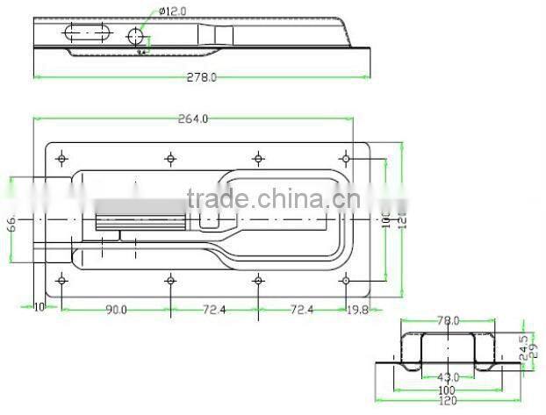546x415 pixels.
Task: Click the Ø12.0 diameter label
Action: (x=174, y=11)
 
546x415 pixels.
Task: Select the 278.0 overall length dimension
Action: (x=201, y=77)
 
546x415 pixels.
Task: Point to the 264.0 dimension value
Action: (x=193, y=118)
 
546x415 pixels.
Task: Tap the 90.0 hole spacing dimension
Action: (x=116, y=309)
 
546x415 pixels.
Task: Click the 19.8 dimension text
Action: (x=357, y=309)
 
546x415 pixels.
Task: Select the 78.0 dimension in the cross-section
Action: (x=449, y=322)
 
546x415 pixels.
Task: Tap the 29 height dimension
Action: (x=535, y=349)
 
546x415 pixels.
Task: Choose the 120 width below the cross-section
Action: (x=448, y=400)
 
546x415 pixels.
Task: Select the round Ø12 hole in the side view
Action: (x=136, y=36)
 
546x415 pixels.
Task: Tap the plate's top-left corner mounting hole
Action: (x=61, y=159)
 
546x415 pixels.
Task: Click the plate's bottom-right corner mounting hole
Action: (x=346, y=280)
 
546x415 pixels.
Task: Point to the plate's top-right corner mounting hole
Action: (x=346, y=159)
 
